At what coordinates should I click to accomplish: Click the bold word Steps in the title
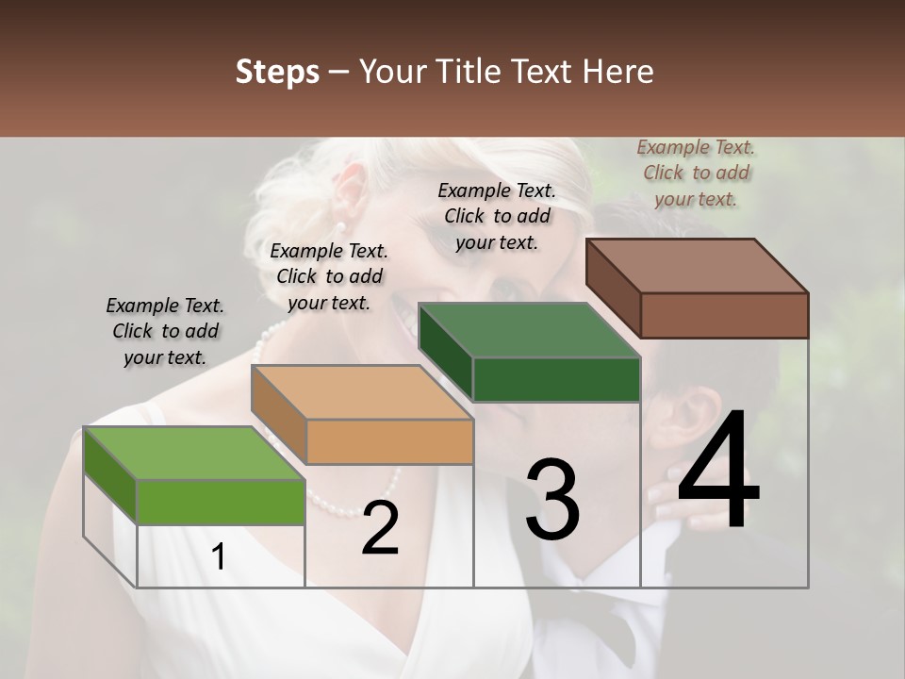[277, 72]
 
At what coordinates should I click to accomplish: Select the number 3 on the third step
[552, 500]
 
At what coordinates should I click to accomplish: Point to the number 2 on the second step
[380, 528]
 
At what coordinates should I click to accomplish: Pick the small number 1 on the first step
[218, 557]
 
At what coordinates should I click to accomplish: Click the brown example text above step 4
[697, 173]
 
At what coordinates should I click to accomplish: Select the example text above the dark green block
[497, 216]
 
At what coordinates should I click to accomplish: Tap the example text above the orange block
[329, 276]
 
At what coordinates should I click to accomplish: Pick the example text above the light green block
[165, 331]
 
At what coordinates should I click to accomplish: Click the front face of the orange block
[389, 441]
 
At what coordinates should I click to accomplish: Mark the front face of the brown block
[724, 315]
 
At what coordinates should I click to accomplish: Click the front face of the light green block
[221, 502]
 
